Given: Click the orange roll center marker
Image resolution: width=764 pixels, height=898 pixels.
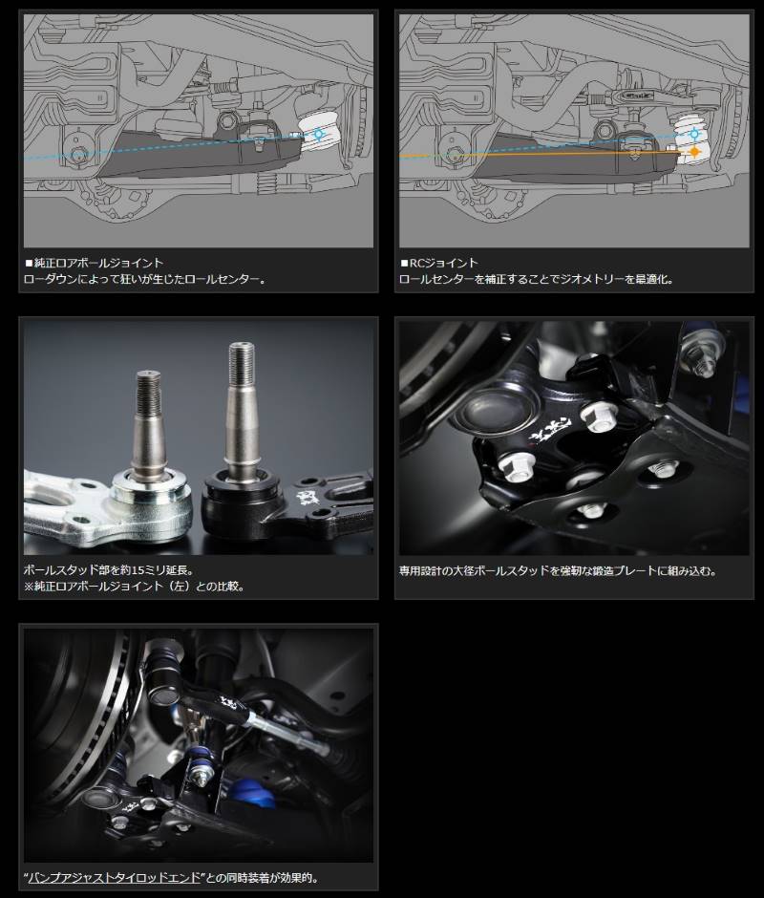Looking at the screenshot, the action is tap(694, 152).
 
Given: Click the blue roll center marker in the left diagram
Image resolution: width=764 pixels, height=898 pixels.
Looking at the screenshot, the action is tap(319, 135).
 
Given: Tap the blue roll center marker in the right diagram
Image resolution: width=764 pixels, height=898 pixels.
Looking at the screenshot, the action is tap(694, 134).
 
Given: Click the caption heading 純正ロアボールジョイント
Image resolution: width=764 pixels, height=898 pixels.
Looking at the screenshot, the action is tap(95, 263).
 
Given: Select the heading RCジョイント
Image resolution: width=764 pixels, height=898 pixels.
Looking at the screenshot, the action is tap(438, 263).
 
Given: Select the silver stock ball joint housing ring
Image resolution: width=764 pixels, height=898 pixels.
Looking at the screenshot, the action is tap(151, 500).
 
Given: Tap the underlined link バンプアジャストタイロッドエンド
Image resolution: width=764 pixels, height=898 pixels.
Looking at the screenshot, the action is tap(115, 878).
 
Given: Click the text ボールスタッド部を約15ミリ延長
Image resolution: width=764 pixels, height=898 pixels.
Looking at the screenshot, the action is tap(109, 570).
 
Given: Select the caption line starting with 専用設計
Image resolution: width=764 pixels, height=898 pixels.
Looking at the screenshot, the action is tap(558, 571).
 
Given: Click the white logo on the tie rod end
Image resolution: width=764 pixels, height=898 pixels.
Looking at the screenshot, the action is tap(227, 702).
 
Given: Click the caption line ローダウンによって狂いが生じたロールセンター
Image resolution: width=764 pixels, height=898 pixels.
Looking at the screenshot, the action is tap(145, 280).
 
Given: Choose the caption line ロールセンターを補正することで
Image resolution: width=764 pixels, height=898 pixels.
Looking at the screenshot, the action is tap(537, 280).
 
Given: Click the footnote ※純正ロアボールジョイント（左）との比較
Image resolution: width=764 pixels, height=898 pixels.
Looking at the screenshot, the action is tap(135, 587).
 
